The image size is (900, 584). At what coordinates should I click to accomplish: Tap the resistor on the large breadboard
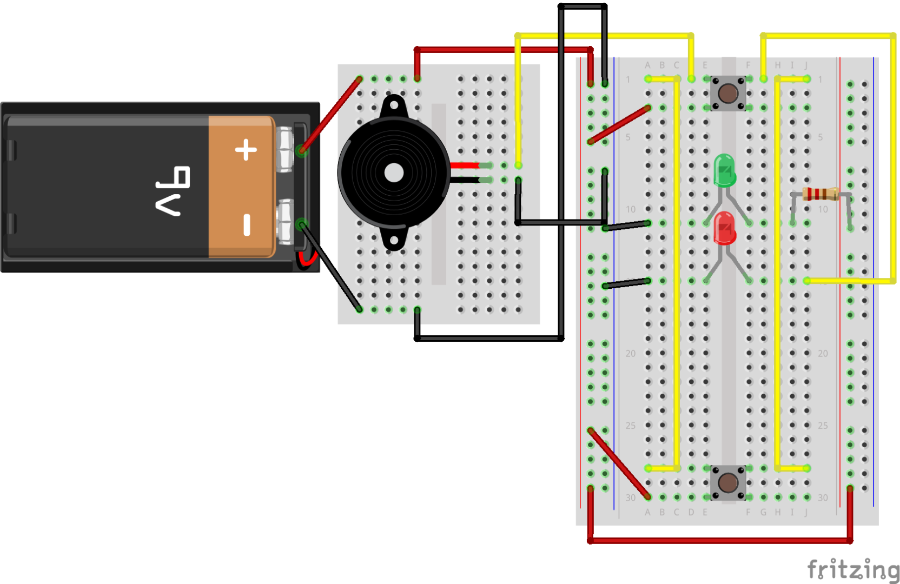(820, 194)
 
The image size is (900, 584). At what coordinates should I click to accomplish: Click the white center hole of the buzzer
(394, 173)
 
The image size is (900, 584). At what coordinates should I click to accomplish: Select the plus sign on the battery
(246, 150)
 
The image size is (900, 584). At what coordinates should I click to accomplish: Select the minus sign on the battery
(247, 224)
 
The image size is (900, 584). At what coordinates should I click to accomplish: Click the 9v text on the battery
(173, 191)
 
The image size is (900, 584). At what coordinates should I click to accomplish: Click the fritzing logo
(853, 569)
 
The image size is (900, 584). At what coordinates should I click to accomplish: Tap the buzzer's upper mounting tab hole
(394, 105)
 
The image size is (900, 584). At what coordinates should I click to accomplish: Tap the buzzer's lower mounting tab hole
(394, 240)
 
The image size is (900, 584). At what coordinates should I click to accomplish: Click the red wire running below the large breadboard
(719, 540)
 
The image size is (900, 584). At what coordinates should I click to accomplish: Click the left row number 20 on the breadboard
(631, 353)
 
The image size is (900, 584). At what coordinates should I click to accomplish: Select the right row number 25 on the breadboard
(823, 426)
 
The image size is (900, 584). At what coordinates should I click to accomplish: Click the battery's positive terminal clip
(285, 150)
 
